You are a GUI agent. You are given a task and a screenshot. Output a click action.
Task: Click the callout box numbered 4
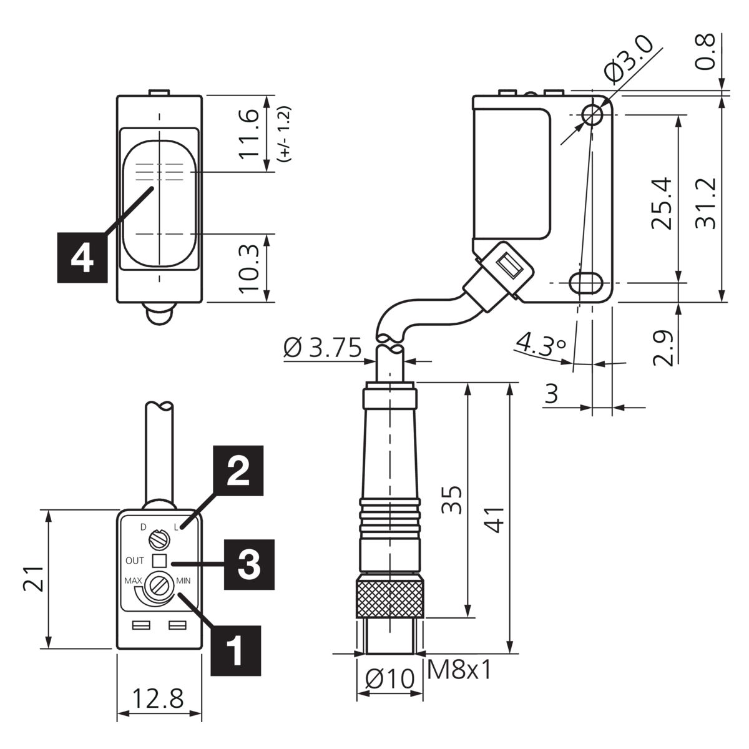click(x=82, y=257)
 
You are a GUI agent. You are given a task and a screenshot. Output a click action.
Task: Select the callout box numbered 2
click(x=238, y=471)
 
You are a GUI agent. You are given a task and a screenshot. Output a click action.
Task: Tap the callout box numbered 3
click(x=249, y=564)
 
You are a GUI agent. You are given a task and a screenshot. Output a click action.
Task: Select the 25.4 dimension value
click(x=662, y=203)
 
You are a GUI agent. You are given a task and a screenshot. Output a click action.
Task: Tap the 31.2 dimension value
click(x=705, y=203)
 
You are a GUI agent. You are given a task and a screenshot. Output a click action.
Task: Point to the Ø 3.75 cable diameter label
click(x=323, y=348)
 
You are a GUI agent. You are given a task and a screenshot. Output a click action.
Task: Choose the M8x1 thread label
click(x=459, y=670)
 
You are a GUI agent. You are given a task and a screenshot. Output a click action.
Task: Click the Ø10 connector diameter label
click(x=390, y=679)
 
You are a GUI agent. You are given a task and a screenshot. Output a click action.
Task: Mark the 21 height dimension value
click(x=34, y=579)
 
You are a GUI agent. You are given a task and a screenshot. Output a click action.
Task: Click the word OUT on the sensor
click(x=134, y=561)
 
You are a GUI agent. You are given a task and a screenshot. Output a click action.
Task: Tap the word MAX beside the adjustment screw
click(x=133, y=580)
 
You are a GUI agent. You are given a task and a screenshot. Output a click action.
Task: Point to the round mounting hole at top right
click(x=592, y=115)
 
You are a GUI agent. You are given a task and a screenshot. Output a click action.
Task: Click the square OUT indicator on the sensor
click(x=159, y=561)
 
